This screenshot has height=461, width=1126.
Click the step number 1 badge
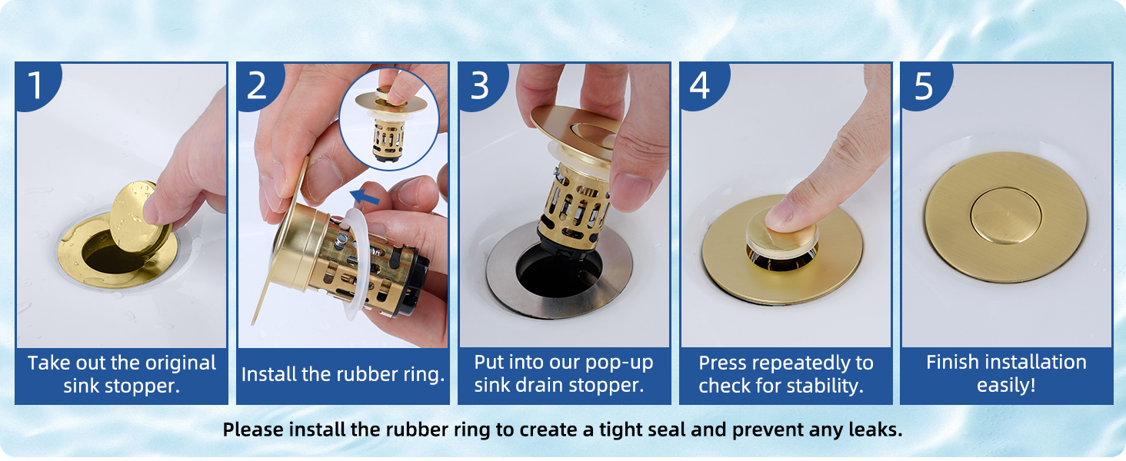pyautogui.click(x=36, y=85)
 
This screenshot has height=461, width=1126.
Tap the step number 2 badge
pyautogui.click(x=258, y=85)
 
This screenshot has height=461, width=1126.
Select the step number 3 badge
pyautogui.click(x=480, y=85)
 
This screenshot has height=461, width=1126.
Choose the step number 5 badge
pyautogui.click(x=924, y=85)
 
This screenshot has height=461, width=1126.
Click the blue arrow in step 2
pyautogui.click(x=365, y=197)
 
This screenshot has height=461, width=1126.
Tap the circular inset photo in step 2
pyautogui.click(x=389, y=119)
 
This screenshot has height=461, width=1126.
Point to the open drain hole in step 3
pyautogui.click(x=558, y=271)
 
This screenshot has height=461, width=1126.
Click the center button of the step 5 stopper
pyautogui.click(x=1005, y=216)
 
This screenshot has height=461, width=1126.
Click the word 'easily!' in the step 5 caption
pyautogui.click(x=1006, y=385)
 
